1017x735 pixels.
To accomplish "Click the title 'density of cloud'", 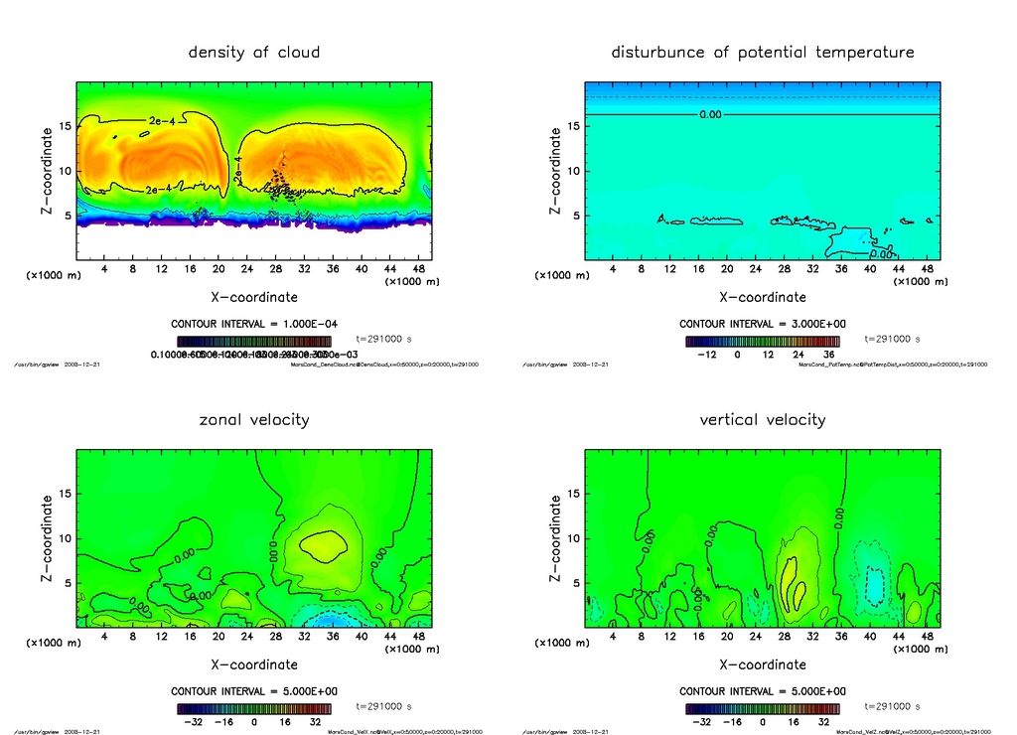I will (254, 53).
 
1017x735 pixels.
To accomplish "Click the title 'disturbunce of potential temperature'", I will (762, 53).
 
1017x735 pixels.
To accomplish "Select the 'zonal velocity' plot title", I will (254, 420).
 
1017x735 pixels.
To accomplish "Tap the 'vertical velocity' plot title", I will (762, 420).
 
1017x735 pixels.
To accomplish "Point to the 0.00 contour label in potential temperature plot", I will (710, 114).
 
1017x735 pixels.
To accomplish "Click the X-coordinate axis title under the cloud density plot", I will (254, 296).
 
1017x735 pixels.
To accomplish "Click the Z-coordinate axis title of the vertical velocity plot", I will (555, 538).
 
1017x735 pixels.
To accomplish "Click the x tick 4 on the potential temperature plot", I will (613, 268).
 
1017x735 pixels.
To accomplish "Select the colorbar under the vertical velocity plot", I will (762, 709).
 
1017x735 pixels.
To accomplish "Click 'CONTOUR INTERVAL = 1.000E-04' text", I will (254, 324).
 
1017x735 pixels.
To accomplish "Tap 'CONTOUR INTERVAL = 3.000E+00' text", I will (762, 324).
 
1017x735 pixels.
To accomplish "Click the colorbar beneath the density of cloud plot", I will (254, 341).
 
